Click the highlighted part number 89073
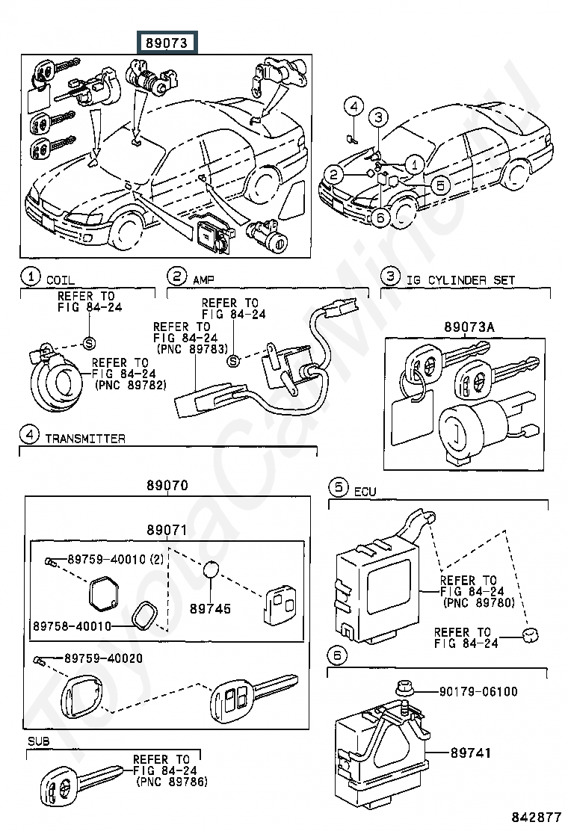167,43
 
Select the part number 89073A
469,327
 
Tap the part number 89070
167,485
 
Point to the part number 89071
167,530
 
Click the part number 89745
210,608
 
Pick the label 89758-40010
72,626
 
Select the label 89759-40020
103,658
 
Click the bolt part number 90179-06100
478,691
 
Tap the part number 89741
471,753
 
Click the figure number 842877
536,817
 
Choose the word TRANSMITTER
85,439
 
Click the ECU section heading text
365,492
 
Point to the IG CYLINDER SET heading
460,279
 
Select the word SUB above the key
39,741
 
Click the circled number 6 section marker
337,655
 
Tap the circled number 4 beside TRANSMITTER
29,435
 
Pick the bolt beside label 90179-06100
404,690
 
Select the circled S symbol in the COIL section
90,344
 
